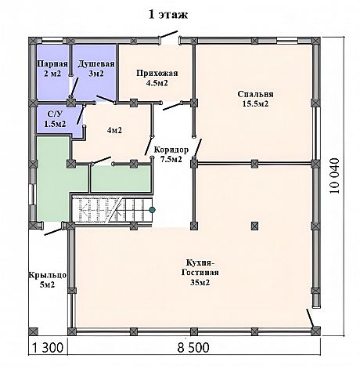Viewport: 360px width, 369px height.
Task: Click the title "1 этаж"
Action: [168, 15]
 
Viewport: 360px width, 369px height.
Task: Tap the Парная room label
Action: [52, 63]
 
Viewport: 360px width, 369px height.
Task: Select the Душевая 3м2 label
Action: [96, 68]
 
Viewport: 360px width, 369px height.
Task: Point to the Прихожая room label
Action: [157, 73]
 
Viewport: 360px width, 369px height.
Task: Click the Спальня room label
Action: [255, 94]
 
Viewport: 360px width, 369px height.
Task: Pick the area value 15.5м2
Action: [255, 104]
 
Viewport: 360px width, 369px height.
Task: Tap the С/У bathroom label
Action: [55, 114]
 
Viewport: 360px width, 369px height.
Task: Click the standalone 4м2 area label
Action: [114, 130]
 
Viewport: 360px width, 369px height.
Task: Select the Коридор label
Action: [171, 150]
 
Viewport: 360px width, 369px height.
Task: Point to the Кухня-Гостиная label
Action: [200, 267]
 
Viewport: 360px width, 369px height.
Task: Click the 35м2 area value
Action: [200, 283]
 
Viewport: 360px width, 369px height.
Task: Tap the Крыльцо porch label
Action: [47, 275]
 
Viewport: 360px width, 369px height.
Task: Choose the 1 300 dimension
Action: [48, 348]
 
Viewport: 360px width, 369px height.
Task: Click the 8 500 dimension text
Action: [193, 348]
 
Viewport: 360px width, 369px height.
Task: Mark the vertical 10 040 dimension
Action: [335, 175]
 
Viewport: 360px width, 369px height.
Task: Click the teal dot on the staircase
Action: [152, 209]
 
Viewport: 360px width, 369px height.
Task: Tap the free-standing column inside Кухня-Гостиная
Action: [254, 226]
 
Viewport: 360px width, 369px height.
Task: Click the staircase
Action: [112, 210]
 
